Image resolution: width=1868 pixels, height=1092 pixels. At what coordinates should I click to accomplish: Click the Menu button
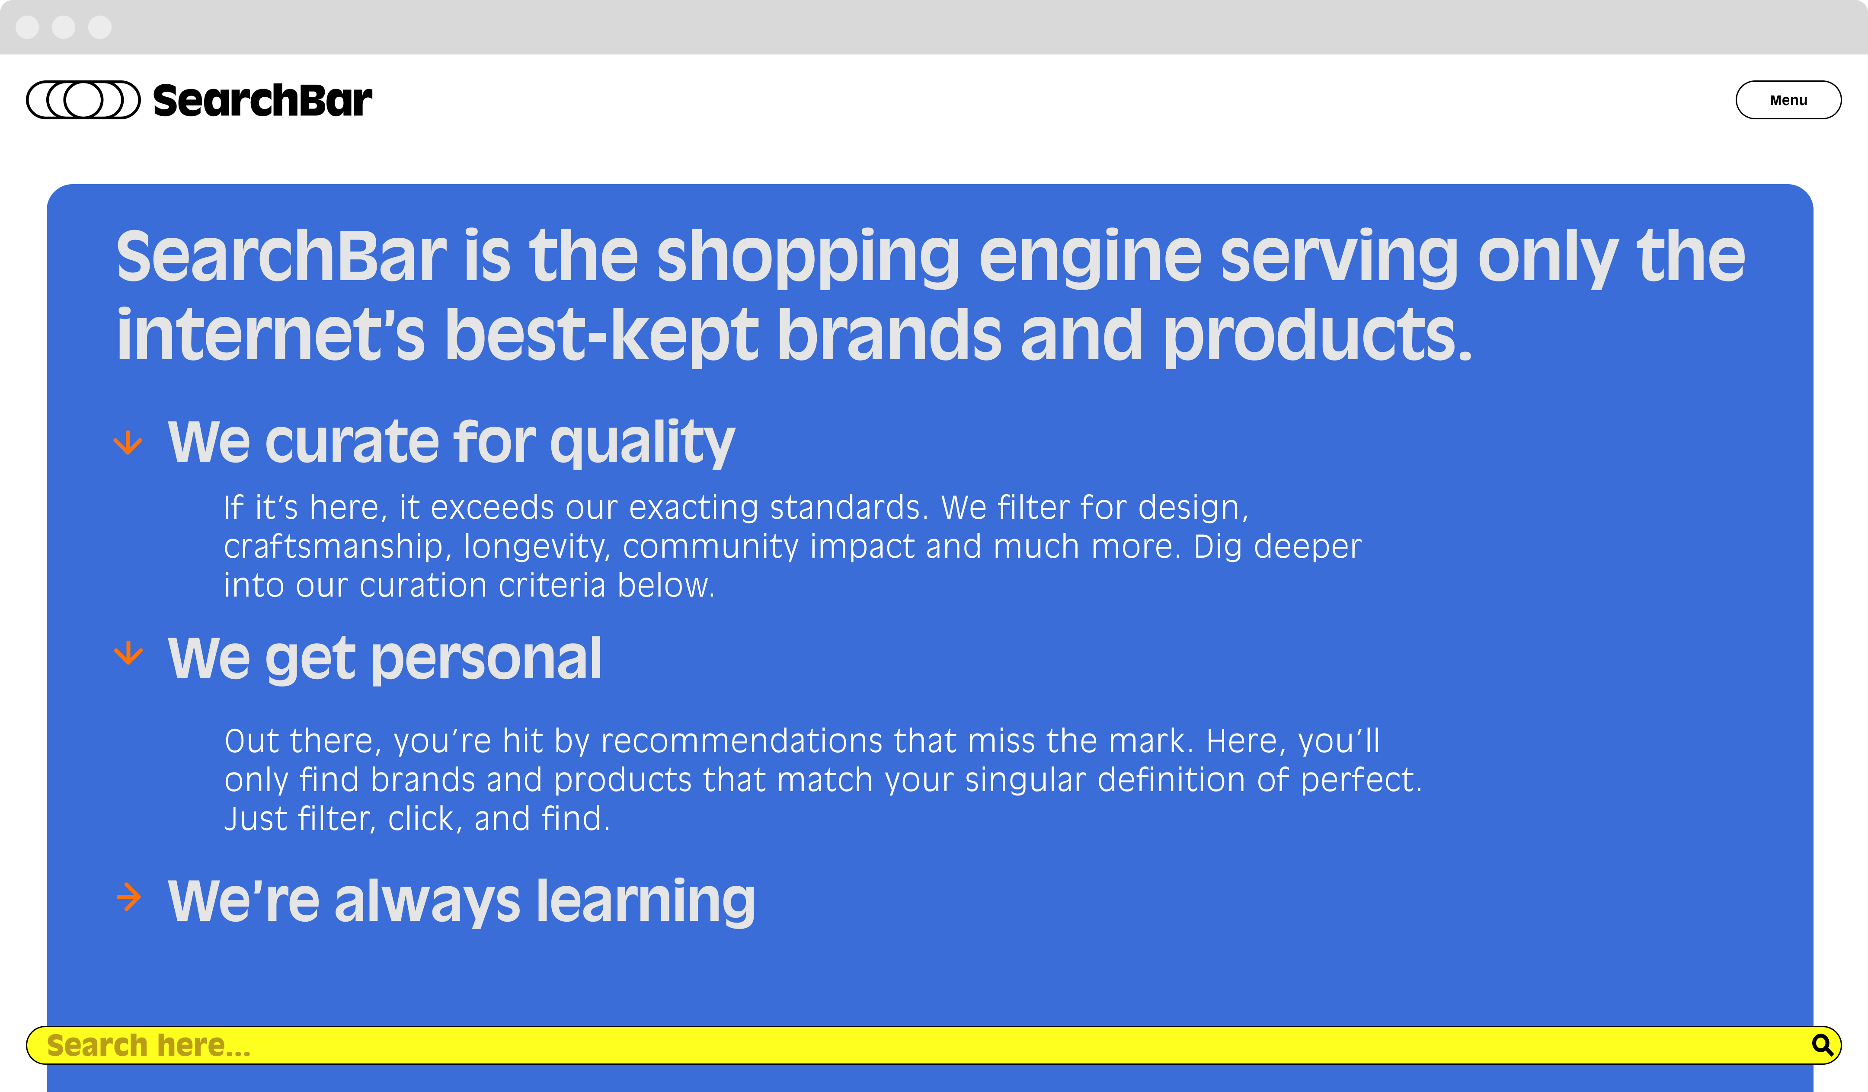click(1788, 100)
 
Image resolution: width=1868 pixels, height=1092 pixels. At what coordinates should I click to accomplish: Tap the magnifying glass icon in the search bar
click(1822, 1045)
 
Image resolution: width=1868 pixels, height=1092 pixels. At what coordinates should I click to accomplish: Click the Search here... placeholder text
click(148, 1045)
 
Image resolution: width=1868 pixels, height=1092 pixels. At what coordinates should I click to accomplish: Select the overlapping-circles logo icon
click(83, 100)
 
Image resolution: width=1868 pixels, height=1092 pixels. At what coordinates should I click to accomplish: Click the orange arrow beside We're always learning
click(128, 897)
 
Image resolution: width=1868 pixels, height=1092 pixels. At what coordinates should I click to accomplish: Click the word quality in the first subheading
click(642, 443)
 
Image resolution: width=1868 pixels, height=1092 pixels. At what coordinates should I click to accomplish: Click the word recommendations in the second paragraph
click(741, 741)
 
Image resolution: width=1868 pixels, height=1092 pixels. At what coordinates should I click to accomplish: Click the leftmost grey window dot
click(27, 27)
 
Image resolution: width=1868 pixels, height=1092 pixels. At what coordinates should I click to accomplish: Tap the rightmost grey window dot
click(99, 27)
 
